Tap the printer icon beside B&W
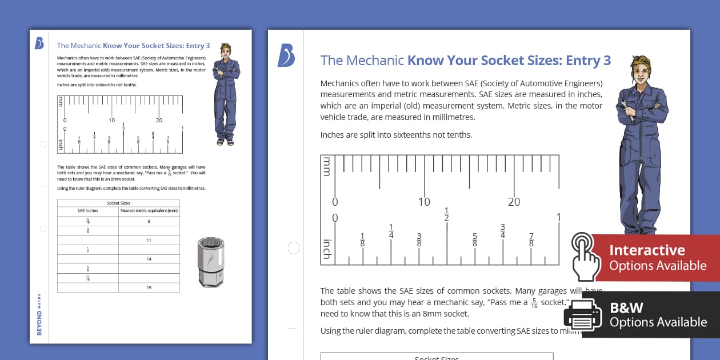tap(582, 315)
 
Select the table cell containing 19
tap(149, 287)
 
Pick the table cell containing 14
tap(149, 259)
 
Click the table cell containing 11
tap(149, 240)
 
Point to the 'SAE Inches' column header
tap(88, 210)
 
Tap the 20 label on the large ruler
tap(514, 202)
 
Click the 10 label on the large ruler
tap(424, 202)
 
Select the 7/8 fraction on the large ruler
tap(531, 240)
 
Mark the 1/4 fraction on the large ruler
tap(391, 231)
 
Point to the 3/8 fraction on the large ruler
tap(419, 240)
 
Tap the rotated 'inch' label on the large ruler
tap(327, 249)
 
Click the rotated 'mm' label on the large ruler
tap(327, 166)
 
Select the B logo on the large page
tap(286, 55)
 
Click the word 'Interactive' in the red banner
tap(647, 250)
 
